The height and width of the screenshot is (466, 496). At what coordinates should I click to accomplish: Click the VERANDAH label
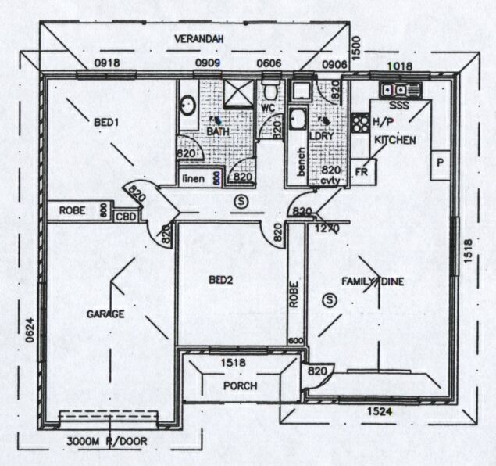(198, 38)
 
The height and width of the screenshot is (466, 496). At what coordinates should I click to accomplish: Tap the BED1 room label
(106, 123)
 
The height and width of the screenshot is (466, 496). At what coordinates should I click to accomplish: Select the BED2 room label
(222, 279)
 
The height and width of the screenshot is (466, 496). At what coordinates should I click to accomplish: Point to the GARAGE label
(105, 314)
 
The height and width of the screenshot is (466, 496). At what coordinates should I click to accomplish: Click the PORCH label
(241, 386)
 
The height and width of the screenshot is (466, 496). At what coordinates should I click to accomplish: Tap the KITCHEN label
(394, 139)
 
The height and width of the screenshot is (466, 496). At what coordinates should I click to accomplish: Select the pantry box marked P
(440, 163)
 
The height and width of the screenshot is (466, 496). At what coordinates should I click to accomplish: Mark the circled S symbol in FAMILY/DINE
(329, 299)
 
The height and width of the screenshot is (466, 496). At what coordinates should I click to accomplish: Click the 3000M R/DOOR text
(108, 441)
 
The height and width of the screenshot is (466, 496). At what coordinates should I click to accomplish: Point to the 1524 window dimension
(380, 410)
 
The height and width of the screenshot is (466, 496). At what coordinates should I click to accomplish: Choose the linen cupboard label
(194, 179)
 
